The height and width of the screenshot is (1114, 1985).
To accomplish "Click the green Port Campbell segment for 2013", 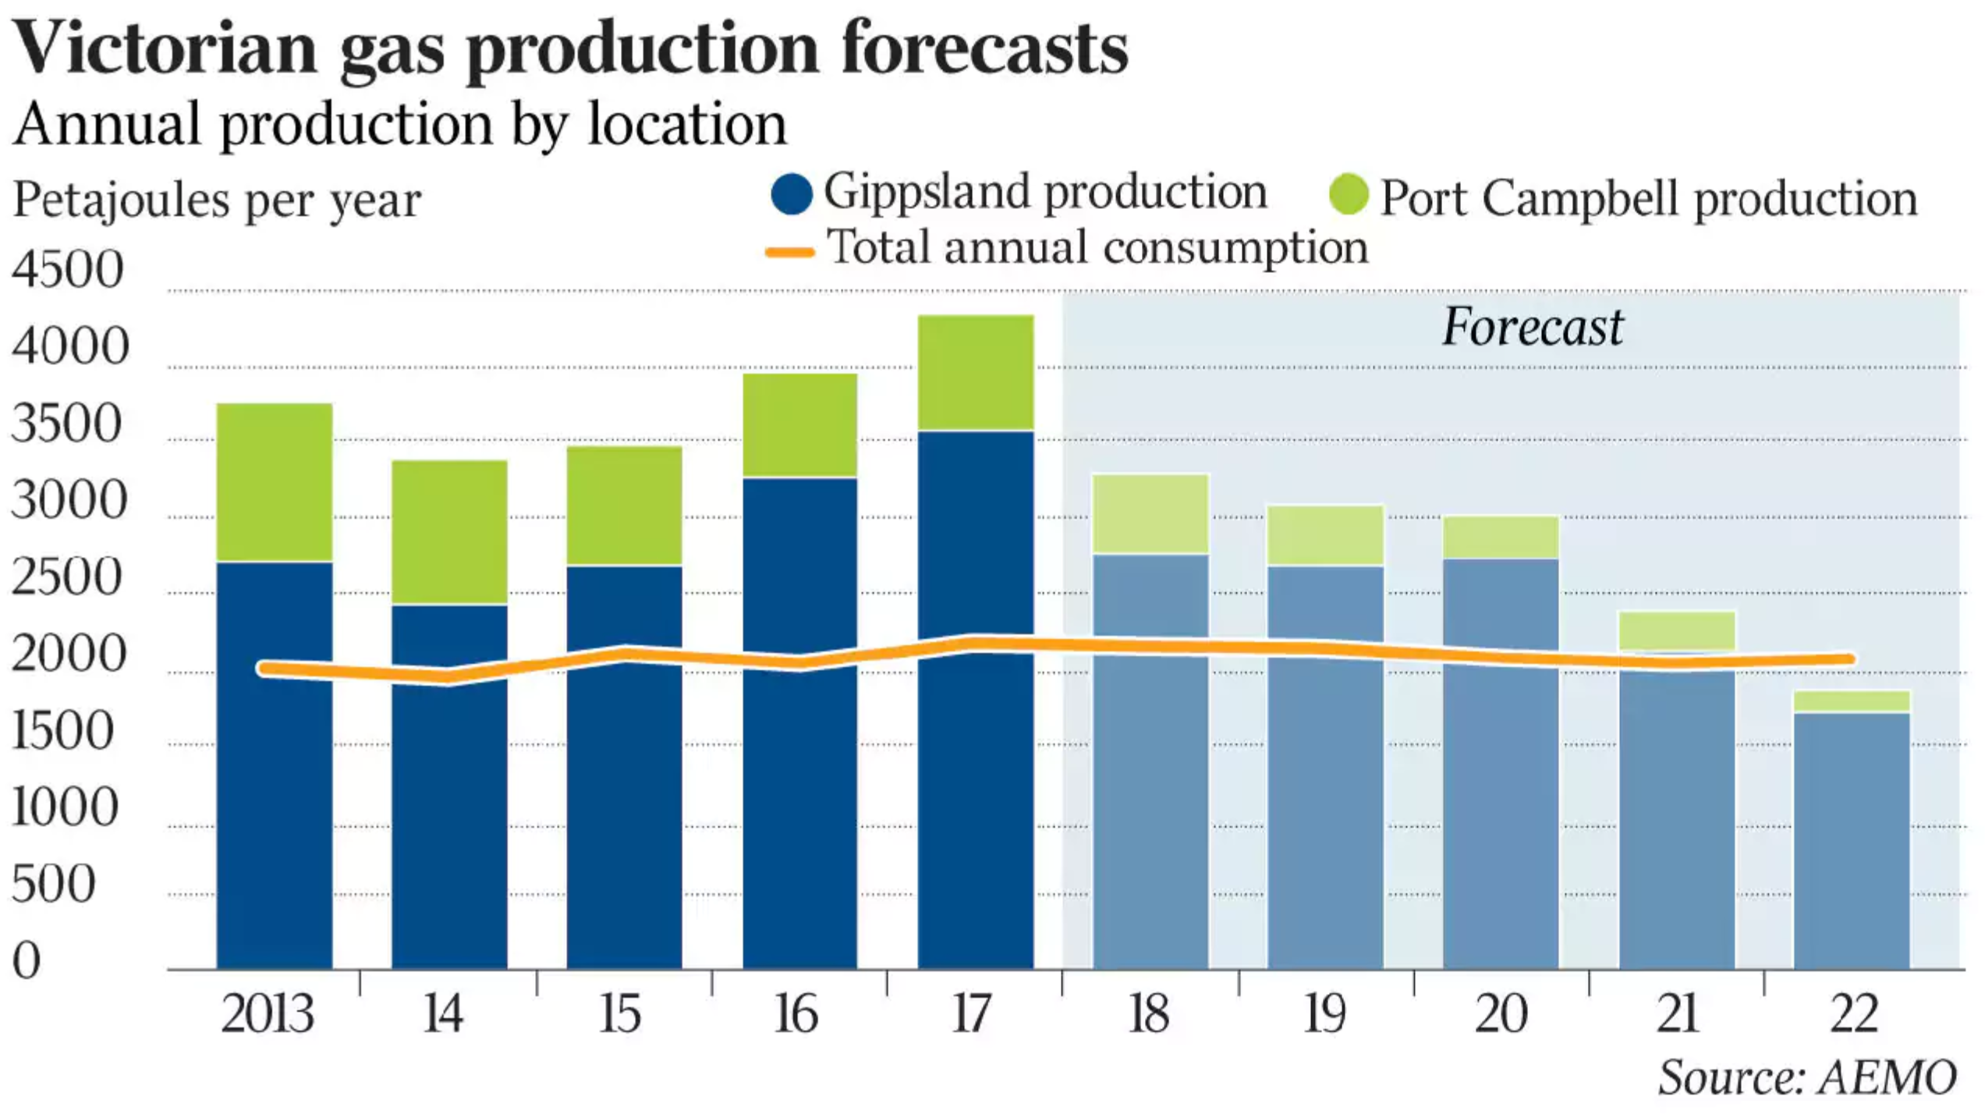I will pos(275,481).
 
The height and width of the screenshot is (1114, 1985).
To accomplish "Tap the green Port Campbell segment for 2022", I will pos(1852,701).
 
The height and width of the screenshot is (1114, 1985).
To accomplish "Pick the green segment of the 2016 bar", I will pos(799,425).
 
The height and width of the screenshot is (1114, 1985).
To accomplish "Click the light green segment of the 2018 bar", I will pos(1150,514).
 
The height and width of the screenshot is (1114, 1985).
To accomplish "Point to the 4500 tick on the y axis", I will pos(68,270).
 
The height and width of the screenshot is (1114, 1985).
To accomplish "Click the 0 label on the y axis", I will pos(27,960).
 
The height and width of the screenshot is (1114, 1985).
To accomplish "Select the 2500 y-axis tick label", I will pos(68,577).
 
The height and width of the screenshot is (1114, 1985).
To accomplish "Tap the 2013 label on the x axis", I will pos(268,1014).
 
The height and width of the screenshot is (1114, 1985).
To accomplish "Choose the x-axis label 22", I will pos(1854,1014).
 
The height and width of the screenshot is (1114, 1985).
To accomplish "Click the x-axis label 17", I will pos(972,1014).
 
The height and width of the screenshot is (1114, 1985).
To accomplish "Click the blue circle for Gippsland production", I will pos(791,193).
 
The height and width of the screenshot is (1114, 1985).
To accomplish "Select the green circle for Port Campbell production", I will pos(1349,195).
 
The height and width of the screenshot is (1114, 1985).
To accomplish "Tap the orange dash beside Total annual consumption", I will pos(790,252).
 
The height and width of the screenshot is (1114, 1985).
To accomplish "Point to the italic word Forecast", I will pos(1533,327).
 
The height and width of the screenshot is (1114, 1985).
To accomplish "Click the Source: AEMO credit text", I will pos(1808,1078).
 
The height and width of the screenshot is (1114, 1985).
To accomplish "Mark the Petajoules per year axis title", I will pos(217,200).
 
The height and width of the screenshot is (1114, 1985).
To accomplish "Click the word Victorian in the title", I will pos(165,48).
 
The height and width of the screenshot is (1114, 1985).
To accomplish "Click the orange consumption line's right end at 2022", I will pos(1850,659).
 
